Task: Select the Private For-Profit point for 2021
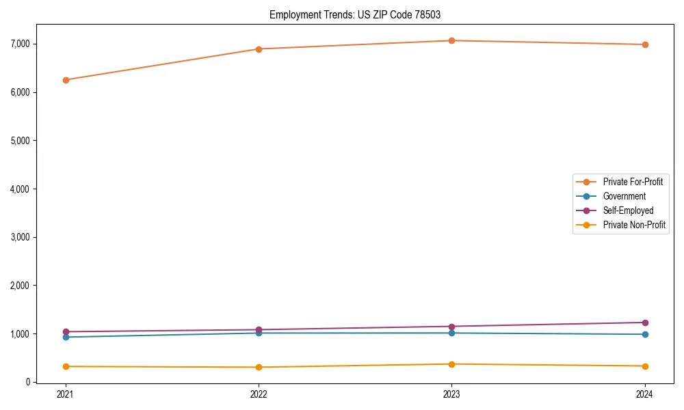(66, 80)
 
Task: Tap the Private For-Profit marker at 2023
(451, 40)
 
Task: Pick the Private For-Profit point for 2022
(259, 49)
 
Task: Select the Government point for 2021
(66, 337)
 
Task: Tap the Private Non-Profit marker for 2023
(451, 364)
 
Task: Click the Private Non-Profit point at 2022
(259, 367)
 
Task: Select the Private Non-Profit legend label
(634, 225)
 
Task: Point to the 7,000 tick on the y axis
(20, 44)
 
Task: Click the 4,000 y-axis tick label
(20, 189)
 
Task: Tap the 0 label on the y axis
(28, 382)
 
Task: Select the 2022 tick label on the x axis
(259, 394)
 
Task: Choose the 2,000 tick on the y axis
(20, 286)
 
